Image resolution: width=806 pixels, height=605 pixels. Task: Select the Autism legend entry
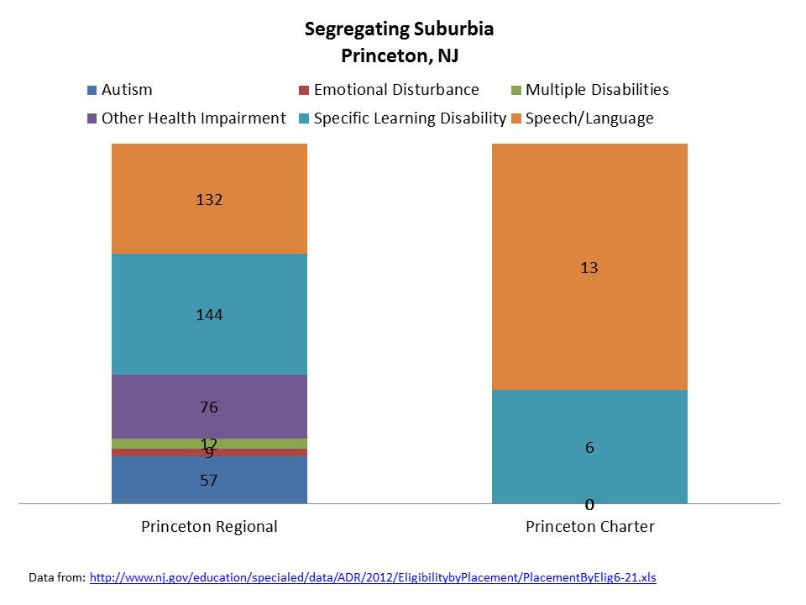[x=126, y=90]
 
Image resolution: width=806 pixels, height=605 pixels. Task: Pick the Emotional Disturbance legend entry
[x=395, y=90]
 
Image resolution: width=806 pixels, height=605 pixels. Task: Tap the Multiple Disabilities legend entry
[x=597, y=90]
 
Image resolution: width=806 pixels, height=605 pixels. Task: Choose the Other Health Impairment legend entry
[x=193, y=118]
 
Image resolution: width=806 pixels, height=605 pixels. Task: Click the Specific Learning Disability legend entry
[x=409, y=118]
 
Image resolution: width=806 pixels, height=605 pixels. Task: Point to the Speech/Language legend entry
[x=589, y=118]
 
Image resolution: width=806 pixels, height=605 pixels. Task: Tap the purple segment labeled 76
[x=209, y=395]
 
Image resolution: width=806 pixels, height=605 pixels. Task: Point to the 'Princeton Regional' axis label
[x=209, y=528]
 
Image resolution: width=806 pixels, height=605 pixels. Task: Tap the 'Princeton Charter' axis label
[x=589, y=528]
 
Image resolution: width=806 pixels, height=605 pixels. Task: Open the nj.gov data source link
[x=373, y=578]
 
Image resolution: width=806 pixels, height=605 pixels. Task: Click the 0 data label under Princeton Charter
[x=589, y=505]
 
